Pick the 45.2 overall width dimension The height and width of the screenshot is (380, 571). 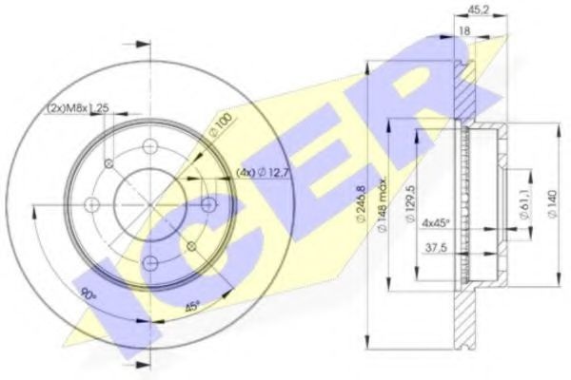[x=479, y=13]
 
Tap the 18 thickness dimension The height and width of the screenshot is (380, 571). [x=466, y=31]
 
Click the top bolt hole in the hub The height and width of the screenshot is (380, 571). [x=149, y=145]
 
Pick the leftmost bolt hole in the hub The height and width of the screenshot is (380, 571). [x=91, y=203]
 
